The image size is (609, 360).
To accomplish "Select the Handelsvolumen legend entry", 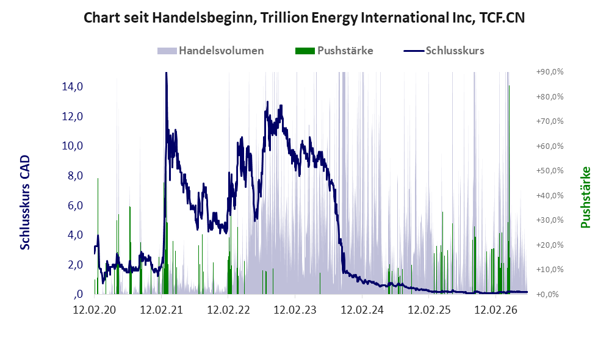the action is (x=211, y=51).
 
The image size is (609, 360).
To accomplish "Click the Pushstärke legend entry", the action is (x=334, y=51).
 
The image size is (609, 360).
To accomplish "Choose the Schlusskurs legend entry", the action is (x=444, y=51).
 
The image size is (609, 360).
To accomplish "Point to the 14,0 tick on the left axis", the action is (x=72, y=87).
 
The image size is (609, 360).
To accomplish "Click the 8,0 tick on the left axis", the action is (x=75, y=176).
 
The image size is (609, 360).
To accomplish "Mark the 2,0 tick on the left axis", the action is (x=75, y=264).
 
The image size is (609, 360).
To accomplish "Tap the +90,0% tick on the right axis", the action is (x=550, y=72).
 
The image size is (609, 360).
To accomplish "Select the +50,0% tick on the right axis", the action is (x=550, y=170).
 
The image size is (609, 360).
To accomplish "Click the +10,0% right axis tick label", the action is (x=550, y=269).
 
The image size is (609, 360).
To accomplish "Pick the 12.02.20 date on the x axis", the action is (x=95, y=310).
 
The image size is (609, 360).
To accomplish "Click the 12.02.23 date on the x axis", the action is (x=295, y=310).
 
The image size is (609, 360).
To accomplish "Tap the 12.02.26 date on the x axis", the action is (x=496, y=310).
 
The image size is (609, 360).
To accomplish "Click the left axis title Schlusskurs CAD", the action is (x=25, y=203).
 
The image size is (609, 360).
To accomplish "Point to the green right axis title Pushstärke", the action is (x=585, y=197).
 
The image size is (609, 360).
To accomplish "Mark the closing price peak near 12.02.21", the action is (x=166, y=73).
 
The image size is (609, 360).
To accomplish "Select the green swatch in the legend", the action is (x=305, y=51).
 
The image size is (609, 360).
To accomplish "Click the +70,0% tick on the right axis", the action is (x=550, y=121).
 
